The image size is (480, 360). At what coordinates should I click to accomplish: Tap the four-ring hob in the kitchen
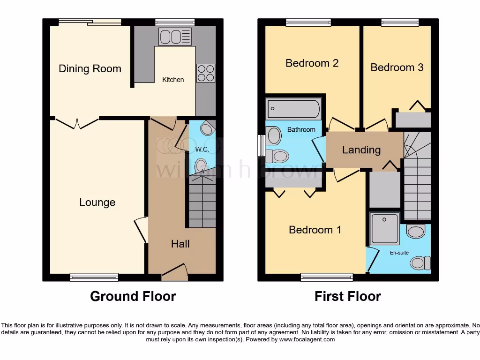205,73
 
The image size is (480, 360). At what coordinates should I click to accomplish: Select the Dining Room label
90,69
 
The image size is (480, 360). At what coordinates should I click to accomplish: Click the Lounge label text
97,202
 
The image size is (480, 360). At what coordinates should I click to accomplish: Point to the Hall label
180,244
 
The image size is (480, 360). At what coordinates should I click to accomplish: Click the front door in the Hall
174,271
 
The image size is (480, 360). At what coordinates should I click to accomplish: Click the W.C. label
202,150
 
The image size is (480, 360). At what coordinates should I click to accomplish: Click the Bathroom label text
301,129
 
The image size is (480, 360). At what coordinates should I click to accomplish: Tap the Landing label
361,150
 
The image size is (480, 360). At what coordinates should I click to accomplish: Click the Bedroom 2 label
312,63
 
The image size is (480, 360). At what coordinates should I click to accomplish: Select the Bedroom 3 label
397,67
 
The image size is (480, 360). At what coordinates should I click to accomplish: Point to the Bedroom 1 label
315,230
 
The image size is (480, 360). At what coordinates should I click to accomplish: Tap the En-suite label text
399,253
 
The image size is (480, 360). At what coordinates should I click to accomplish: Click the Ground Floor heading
133,296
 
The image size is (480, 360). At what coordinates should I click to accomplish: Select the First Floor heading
347,296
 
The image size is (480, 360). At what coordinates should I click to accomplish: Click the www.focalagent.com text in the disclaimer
307,339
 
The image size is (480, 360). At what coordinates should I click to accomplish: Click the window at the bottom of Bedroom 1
327,277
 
